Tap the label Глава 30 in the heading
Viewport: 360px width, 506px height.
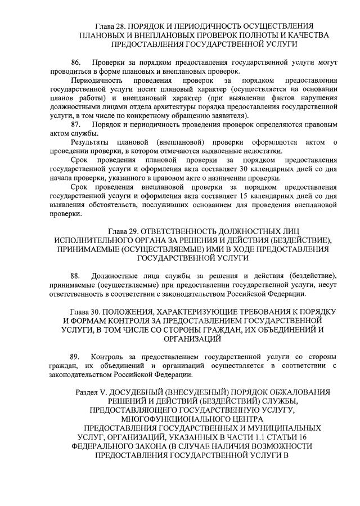click(85, 312)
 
